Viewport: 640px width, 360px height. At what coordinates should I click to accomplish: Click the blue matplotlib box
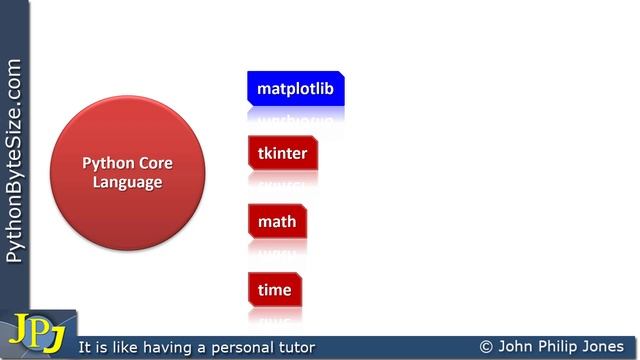click(296, 89)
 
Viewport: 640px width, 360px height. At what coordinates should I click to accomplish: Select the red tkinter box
click(282, 154)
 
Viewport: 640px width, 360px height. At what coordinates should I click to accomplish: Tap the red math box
click(276, 222)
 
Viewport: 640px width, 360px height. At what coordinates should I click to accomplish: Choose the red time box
click(274, 290)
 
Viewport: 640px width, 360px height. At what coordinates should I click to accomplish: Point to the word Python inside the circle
click(105, 163)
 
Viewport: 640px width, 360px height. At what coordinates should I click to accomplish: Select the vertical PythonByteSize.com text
click(14, 160)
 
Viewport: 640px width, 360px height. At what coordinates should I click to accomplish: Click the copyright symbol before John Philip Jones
click(486, 347)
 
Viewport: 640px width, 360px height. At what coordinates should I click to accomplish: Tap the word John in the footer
click(517, 347)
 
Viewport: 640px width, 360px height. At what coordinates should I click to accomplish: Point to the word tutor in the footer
click(293, 348)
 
